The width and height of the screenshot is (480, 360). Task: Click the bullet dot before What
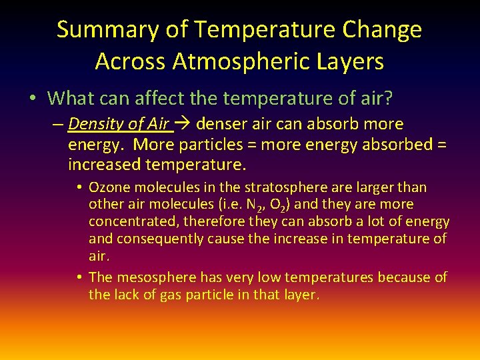point(33,99)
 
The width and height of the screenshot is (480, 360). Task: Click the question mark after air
point(388,99)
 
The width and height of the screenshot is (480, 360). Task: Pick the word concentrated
point(133,221)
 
